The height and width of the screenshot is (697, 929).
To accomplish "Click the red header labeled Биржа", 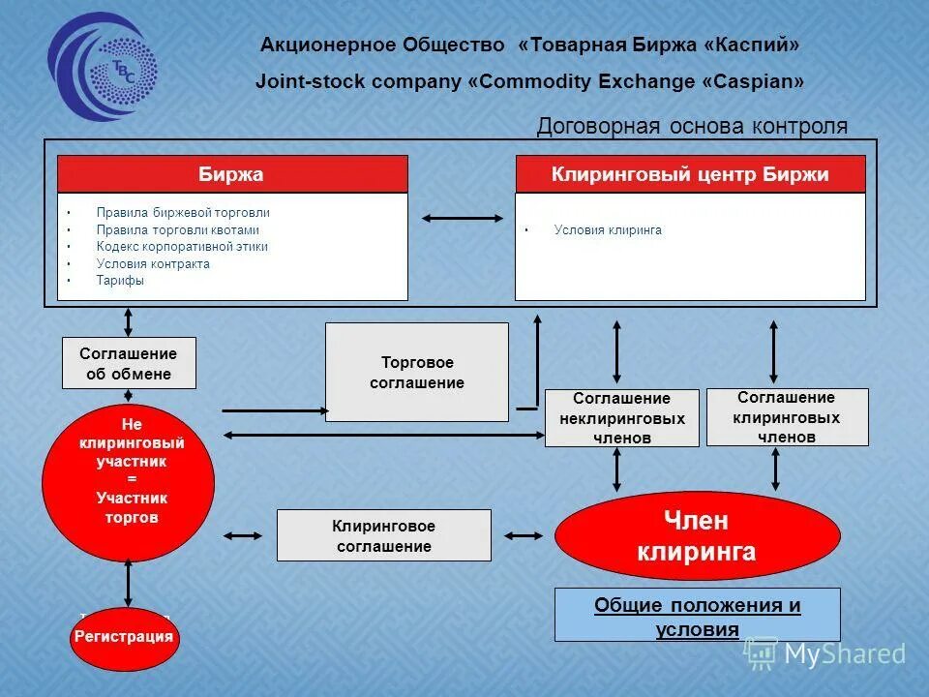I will coord(232,174).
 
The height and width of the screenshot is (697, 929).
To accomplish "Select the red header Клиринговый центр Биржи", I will coord(690,174).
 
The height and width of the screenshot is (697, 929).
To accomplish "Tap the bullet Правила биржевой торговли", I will coord(183,212).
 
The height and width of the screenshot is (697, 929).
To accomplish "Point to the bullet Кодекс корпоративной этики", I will coord(182,247).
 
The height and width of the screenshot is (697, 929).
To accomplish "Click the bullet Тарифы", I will coord(120,281).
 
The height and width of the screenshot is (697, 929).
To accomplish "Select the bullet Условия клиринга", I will coord(608,230).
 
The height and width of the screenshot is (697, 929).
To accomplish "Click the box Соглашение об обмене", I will coord(129,363).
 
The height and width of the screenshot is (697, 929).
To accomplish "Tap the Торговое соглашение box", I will coord(416,373).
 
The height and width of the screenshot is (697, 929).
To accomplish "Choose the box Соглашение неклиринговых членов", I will coord(621,418).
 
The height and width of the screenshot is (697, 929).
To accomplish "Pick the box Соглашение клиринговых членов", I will coord(787,417).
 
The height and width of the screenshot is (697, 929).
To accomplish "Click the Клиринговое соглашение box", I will coord(383,535).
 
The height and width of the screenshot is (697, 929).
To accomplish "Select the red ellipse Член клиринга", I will coord(697,536).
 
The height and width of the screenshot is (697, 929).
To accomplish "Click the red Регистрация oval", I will coord(125,637).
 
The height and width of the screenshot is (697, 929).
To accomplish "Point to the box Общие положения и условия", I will coord(697,616).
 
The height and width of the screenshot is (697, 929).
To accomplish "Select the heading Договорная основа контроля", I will coord(692,126).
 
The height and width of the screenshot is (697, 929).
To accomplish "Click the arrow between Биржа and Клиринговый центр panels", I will coord(462,218).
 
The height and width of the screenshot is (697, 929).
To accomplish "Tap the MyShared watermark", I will coord(827,654).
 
